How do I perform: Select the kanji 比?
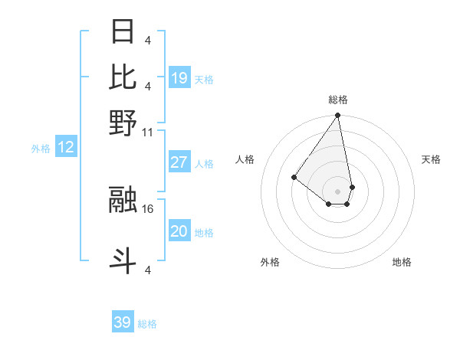pos(123,77)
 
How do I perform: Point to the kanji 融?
pos(123,199)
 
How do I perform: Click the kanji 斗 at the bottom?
pos(123,260)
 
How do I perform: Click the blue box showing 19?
pos(179,78)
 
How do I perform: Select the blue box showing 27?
pos(179,163)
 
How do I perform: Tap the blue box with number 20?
pos(179,232)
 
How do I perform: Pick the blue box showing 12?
pos(66,148)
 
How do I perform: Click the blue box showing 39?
pos(123,322)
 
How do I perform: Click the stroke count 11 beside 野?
pos(147,132)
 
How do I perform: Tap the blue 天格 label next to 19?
pos(204,79)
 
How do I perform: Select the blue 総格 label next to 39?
pos(147,324)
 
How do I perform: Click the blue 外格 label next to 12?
pos(41,149)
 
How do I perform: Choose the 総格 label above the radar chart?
pos(337,100)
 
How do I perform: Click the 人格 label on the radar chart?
pos(245,159)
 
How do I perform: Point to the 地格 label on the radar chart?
pos(402,262)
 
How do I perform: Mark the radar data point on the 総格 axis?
pos(337,116)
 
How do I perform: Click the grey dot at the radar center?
pos(337,191)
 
